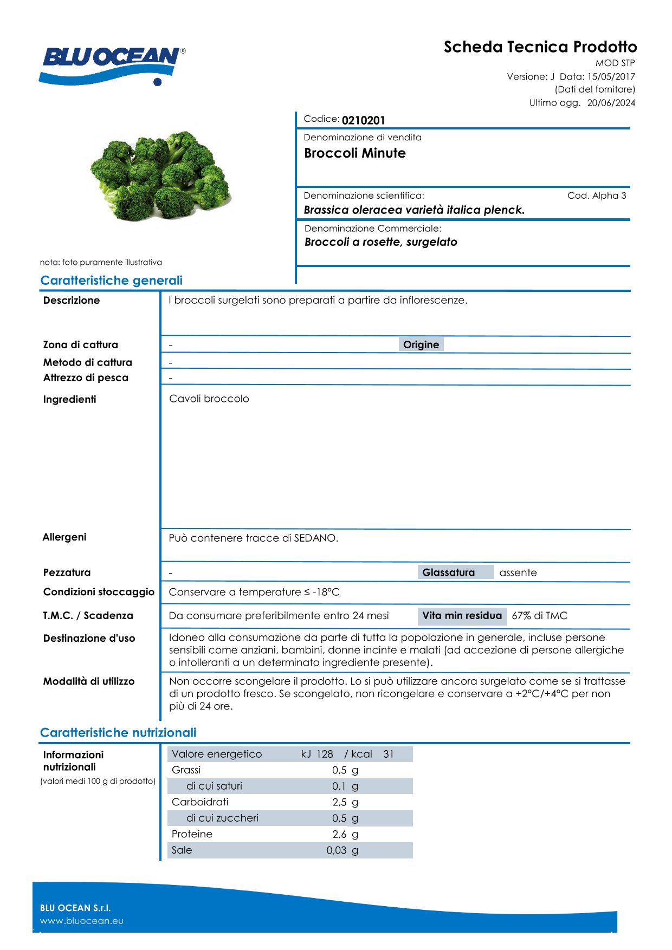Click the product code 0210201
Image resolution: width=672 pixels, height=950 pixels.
363,120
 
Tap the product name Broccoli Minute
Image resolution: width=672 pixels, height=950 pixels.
355,153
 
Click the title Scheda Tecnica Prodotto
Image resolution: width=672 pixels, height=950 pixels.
540,47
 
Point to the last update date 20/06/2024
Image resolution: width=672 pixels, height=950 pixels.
611,103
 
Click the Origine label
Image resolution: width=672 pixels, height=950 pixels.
421,344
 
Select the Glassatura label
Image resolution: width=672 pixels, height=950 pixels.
449,572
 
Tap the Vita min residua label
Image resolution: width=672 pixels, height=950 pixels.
462,616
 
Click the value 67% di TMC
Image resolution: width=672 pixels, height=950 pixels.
539,616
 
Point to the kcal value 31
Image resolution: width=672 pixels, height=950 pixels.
389,754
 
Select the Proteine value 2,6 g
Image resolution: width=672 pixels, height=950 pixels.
345,834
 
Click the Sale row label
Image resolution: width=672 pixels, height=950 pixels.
182,850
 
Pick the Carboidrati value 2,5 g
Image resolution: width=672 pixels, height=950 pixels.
345,802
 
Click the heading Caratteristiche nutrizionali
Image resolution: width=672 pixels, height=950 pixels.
118,733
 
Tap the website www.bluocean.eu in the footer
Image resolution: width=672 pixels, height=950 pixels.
82,921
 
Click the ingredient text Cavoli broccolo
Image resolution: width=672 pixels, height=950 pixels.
209,399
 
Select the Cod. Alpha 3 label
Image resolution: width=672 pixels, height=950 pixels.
597,196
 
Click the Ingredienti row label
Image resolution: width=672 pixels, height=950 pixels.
70,400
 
